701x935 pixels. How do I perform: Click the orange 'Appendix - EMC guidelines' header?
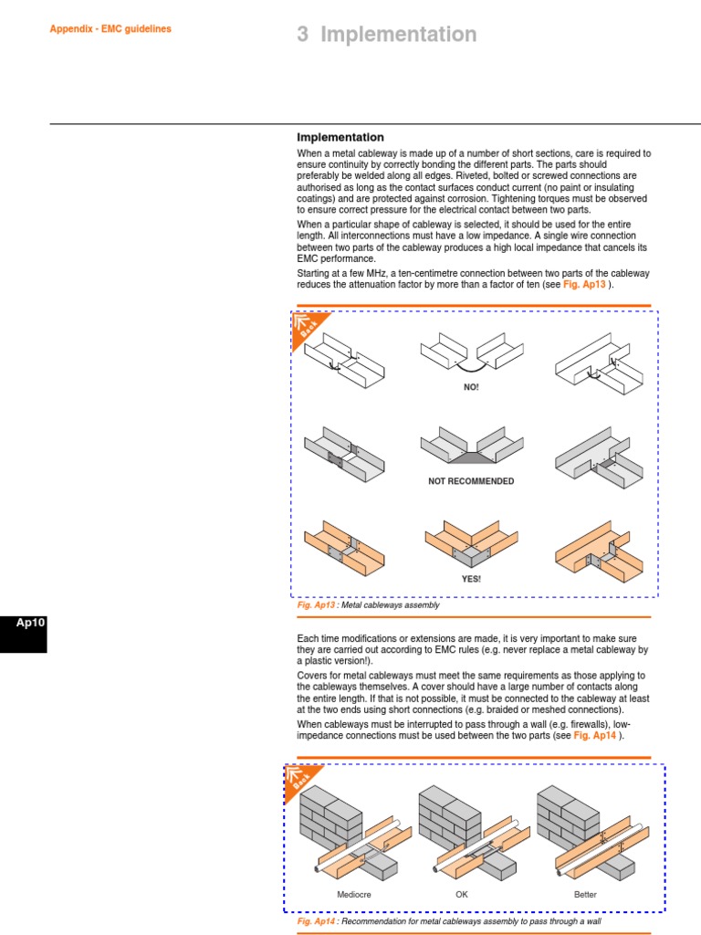coord(110,28)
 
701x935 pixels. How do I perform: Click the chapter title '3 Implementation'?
coord(387,34)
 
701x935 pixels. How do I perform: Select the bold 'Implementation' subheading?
coord(340,137)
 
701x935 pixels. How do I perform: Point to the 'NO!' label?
coord(471,387)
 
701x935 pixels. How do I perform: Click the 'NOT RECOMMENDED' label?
coord(471,481)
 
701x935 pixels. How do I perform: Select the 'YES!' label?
coord(471,579)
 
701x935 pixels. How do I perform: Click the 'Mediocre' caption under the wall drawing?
coord(354,895)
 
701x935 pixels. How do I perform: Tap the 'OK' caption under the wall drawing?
coord(462,895)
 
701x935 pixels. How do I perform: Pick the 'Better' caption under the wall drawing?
coord(585,895)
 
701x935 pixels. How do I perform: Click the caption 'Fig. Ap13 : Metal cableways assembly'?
coord(369,604)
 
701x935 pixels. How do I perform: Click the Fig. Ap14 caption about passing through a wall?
coord(449,921)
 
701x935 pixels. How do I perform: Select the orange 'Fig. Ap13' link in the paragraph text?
coord(584,285)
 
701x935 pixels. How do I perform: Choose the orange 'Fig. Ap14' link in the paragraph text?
coord(595,735)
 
